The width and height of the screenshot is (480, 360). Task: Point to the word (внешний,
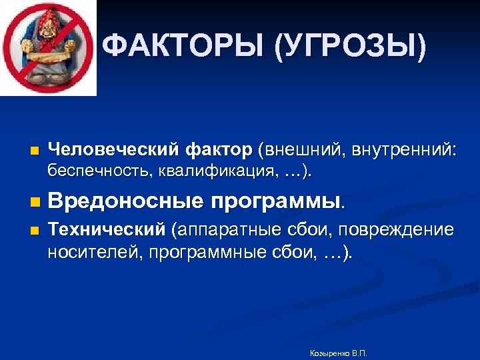pyautogui.click(x=297, y=151)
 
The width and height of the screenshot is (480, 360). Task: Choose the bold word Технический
pyautogui.click(x=106, y=231)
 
